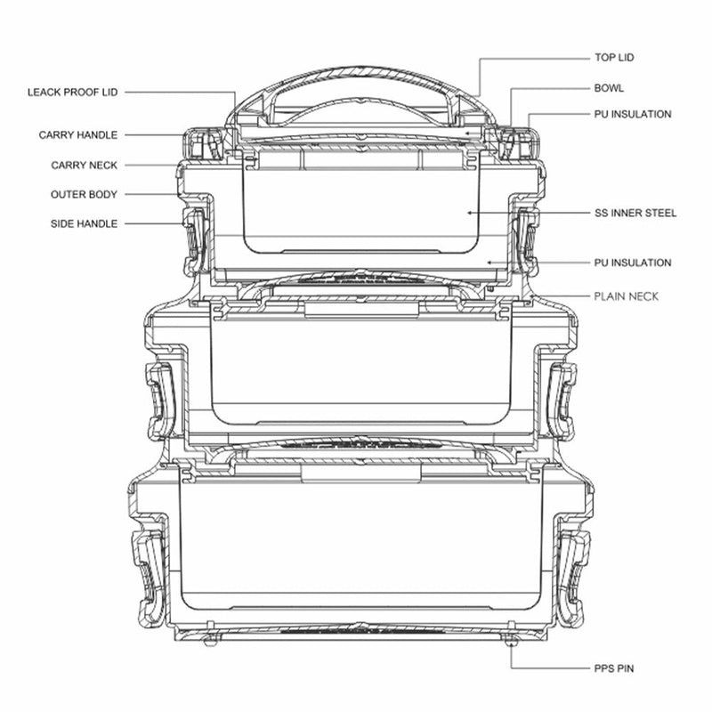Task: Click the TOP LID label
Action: pos(614,58)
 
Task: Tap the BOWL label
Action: pos(609,88)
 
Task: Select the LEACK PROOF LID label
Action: pos(73,93)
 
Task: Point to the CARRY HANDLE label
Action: pos(78,135)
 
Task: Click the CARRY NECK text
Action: pos(84,166)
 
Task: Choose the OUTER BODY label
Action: pos(84,194)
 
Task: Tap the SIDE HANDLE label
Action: pos(84,223)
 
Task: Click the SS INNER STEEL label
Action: pos(635,213)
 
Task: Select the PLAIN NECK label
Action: pos(627,296)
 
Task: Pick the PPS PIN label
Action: pos(614,668)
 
